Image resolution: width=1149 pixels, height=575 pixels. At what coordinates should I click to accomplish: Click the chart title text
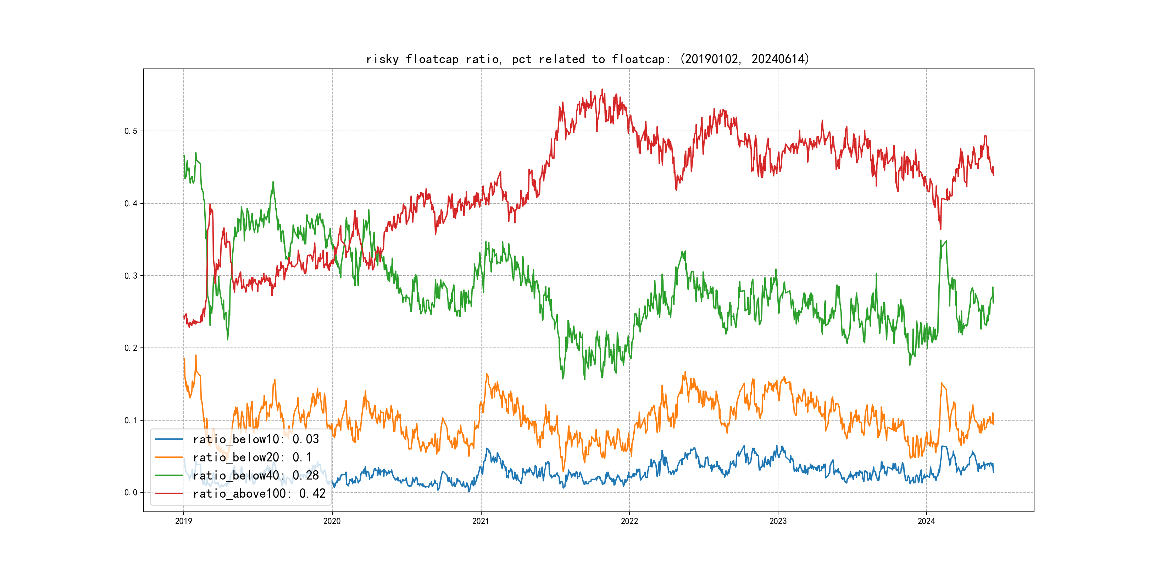coord(587,59)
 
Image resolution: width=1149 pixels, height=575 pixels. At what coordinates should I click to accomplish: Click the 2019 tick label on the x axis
coord(183,521)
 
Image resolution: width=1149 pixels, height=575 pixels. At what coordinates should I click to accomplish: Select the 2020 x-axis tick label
coord(332,521)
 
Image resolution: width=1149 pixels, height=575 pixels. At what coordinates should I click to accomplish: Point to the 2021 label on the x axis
coord(481,521)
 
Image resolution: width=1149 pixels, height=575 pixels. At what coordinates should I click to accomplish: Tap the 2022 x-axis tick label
coord(629,521)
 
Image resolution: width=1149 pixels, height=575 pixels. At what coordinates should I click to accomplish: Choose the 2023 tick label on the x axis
coord(778,521)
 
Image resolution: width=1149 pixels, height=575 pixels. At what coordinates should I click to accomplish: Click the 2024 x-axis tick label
coord(926,521)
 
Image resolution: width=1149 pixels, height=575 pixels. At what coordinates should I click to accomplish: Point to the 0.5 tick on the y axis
coord(131,131)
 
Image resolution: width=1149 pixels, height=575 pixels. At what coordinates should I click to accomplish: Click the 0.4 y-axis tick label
coord(131,204)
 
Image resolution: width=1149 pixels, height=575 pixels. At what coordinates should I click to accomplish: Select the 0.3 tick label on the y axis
coord(131,276)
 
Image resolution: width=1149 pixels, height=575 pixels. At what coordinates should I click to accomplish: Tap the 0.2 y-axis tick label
coord(131,348)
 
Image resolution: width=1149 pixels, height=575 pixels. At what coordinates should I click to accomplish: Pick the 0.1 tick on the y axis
coord(131,421)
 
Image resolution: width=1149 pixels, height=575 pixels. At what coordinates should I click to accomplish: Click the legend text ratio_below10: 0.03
coord(256,439)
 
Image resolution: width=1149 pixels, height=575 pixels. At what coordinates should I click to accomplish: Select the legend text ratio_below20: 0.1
coord(252,458)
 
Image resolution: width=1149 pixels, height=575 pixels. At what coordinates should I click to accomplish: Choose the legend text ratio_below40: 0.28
coord(256,476)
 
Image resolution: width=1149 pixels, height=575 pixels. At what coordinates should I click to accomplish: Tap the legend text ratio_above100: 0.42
coord(259,494)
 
